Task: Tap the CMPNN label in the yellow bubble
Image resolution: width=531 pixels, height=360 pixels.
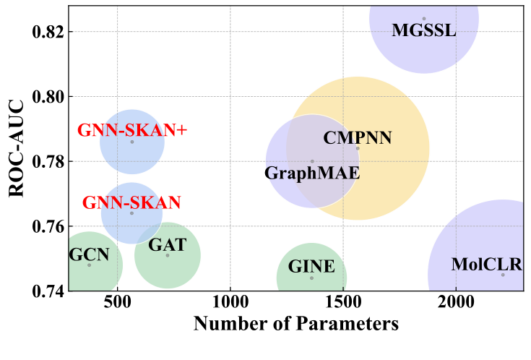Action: pyautogui.click(x=357, y=138)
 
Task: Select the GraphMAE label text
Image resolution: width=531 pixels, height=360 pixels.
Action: pyautogui.click(x=312, y=173)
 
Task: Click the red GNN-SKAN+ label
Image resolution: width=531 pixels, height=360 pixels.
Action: pyautogui.click(x=132, y=131)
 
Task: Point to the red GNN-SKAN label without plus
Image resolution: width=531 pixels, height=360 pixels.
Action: pyautogui.click(x=131, y=203)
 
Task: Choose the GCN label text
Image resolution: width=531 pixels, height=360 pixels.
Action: pyautogui.click(x=89, y=254)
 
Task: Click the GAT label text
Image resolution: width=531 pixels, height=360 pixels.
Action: pyautogui.click(x=167, y=246)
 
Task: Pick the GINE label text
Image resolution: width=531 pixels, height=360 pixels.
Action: pyautogui.click(x=311, y=267)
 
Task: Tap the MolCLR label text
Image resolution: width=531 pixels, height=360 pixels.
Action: pyautogui.click(x=486, y=265)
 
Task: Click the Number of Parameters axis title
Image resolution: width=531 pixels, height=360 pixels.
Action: pyautogui.click(x=295, y=325)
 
